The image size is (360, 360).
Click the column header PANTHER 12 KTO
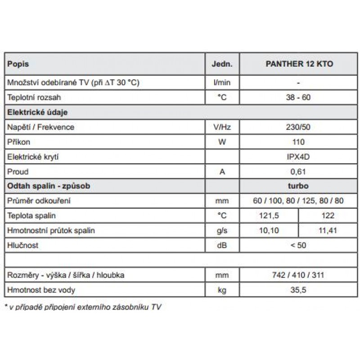(x=299, y=64)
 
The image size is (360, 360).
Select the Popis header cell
(x=18, y=64)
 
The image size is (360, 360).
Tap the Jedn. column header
(x=222, y=64)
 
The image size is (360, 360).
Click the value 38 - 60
(x=299, y=97)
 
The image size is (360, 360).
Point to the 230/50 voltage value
(x=299, y=127)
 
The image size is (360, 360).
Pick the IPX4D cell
(x=299, y=157)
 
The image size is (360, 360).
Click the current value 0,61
(x=299, y=172)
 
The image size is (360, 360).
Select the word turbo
(x=299, y=186)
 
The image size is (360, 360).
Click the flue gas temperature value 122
(x=328, y=216)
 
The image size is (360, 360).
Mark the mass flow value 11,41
(x=328, y=231)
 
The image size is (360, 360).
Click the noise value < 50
(x=299, y=246)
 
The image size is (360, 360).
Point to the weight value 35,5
(x=299, y=290)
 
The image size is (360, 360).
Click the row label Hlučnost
(x=23, y=246)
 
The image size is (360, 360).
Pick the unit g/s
(x=222, y=231)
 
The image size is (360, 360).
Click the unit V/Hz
(x=222, y=127)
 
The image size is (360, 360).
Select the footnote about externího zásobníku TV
(x=83, y=307)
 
